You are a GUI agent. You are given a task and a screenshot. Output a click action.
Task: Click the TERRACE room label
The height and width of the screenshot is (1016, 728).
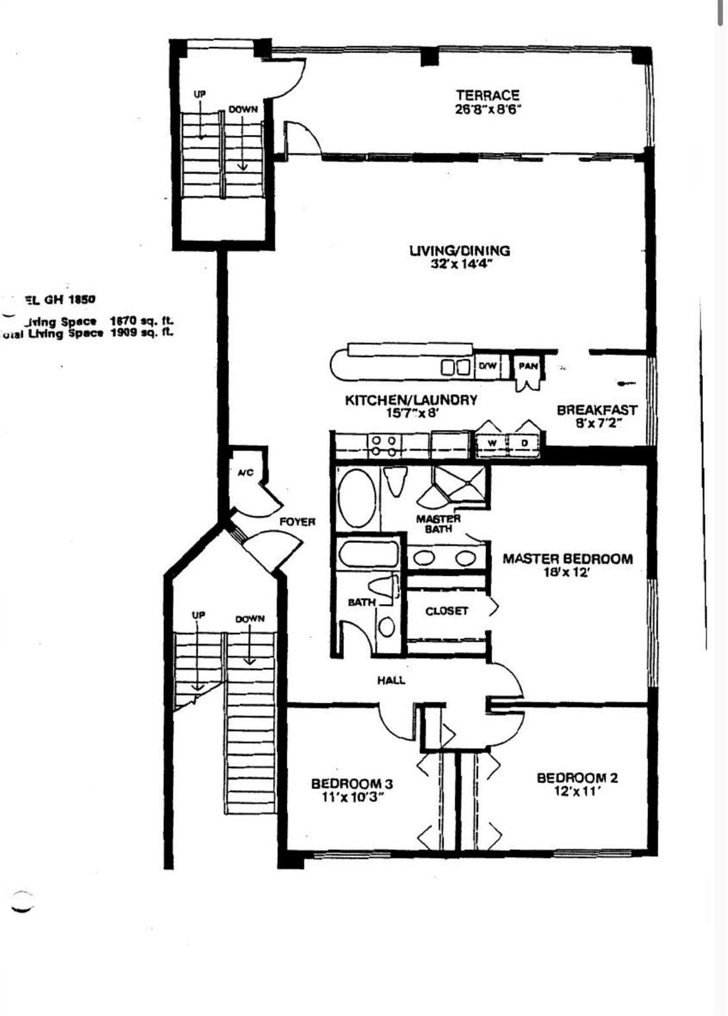tap(487, 95)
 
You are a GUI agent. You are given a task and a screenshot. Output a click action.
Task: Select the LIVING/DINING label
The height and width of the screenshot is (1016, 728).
tap(460, 251)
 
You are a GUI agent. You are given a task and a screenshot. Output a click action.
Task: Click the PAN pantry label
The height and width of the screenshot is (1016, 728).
tap(528, 366)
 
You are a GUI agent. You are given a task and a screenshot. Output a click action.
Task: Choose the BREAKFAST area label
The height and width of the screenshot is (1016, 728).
tap(596, 410)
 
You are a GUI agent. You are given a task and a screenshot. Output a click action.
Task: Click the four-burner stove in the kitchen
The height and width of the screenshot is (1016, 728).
tap(383, 445)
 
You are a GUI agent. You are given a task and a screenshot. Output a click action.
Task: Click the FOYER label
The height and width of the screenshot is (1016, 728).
tap(297, 522)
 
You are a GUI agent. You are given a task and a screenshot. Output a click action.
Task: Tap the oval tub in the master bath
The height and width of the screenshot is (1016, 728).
tap(356, 498)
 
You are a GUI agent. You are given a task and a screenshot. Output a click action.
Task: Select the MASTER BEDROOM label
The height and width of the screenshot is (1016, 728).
tap(567, 559)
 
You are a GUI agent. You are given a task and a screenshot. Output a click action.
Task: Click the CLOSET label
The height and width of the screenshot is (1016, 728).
tap(447, 611)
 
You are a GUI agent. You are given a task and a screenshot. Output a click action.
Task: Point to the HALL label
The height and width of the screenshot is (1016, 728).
tap(391, 680)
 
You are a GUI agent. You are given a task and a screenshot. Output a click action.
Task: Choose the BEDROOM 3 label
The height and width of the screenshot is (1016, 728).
tap(352, 784)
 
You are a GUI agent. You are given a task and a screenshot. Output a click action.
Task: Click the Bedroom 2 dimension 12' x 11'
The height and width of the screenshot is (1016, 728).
tap(577, 791)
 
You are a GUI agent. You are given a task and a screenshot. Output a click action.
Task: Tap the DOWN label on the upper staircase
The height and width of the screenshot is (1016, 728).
tap(243, 110)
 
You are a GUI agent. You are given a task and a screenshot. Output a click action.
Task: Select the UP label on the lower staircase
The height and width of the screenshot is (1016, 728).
tap(198, 615)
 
